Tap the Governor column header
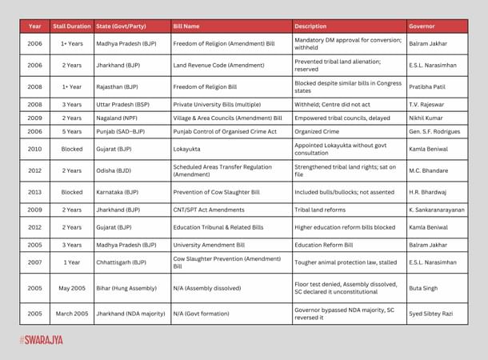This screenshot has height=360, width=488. pos(421,26)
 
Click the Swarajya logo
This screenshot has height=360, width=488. pos(41,340)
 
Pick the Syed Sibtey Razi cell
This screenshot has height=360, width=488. pos(432,313)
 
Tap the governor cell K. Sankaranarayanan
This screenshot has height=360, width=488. pos(438,210)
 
